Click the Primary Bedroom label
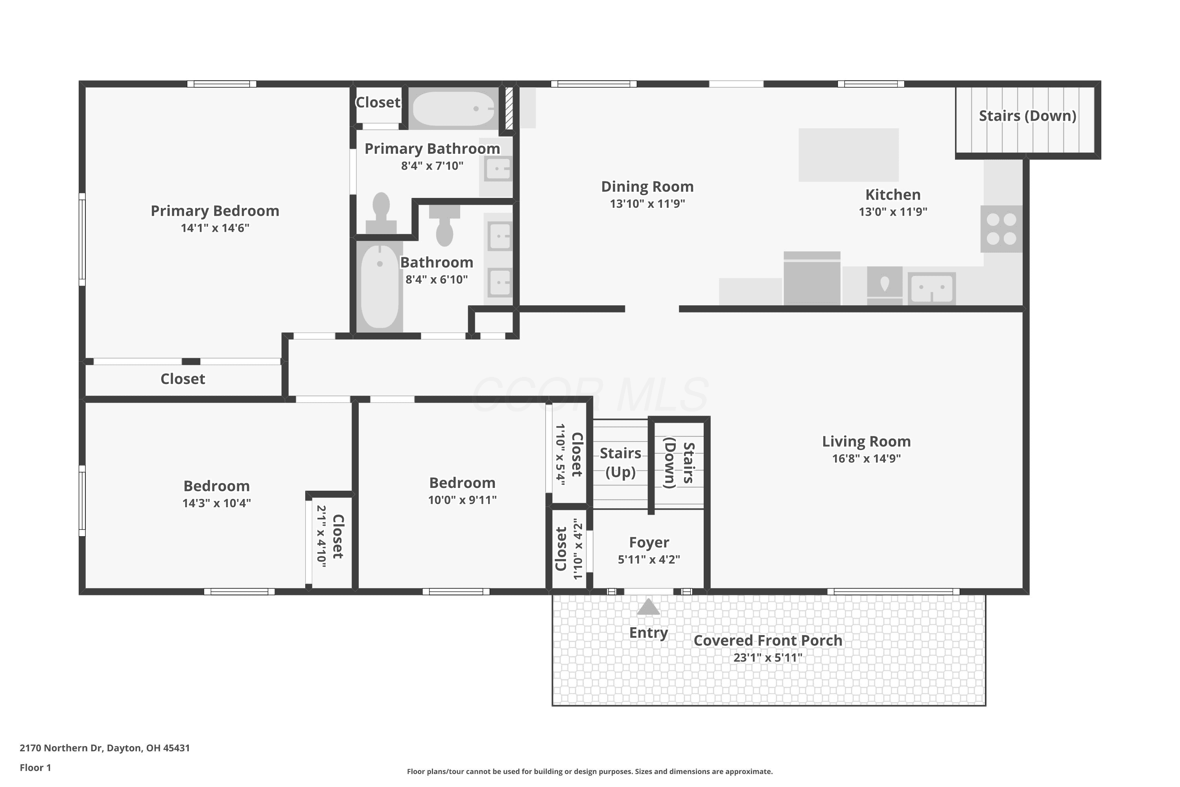pos(215,211)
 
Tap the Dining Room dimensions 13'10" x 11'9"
pos(647,204)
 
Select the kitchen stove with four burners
pos(1001,229)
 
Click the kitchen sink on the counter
pos(932,288)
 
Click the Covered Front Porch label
pos(768,641)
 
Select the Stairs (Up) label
pos(621,463)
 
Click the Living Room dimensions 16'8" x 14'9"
pos(867,459)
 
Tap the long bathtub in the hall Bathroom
pos(380,286)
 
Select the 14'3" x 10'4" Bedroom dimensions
pos(216,503)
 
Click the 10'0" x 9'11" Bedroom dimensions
pos(462,500)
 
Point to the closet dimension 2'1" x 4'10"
pos(322,536)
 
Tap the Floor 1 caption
pos(35,767)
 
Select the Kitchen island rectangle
pos(848,155)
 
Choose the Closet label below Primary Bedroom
pos(183,379)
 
